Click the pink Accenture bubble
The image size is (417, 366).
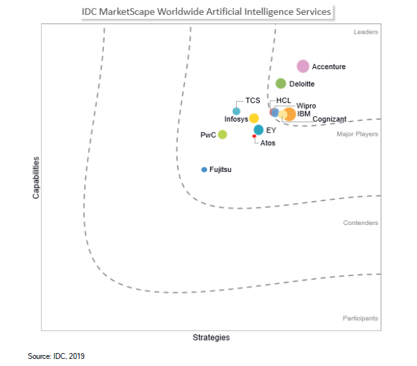tap(303, 66)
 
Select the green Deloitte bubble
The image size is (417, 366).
tap(281, 83)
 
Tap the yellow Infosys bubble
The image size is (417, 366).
tap(254, 118)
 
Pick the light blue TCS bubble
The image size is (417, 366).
tap(237, 111)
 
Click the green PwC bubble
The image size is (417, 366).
tap(222, 135)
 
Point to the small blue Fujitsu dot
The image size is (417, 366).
tap(204, 169)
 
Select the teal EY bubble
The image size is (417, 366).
tap(259, 130)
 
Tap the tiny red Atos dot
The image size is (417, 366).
tap(254, 136)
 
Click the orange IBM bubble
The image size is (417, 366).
tap(290, 114)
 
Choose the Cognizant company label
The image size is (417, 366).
tap(329, 119)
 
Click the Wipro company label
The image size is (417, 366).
tap(306, 105)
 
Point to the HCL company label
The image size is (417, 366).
tap(284, 100)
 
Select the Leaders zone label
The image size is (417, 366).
tap(366, 32)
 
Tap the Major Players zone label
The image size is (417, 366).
tap(358, 134)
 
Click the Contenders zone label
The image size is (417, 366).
tap(361, 223)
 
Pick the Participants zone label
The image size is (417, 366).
tap(360, 318)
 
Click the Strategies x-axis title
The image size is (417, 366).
tap(211, 338)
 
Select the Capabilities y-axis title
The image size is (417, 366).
tap(36, 177)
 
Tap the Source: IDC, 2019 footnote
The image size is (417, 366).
tap(56, 356)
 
